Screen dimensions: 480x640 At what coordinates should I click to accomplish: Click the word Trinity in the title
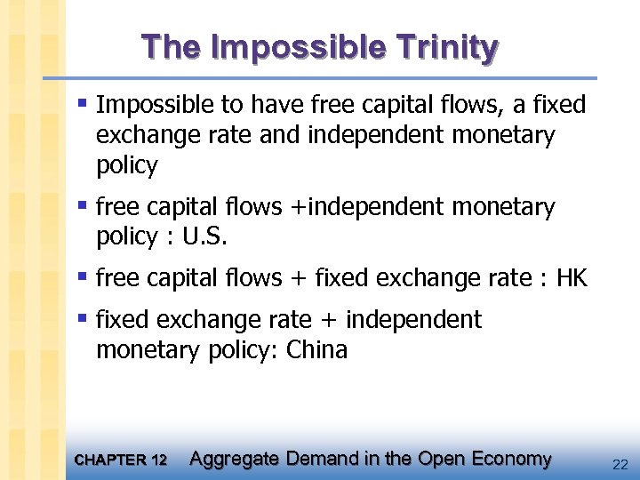point(444,47)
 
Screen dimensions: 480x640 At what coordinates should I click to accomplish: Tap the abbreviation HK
point(572,278)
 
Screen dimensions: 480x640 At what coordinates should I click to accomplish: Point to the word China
point(317,350)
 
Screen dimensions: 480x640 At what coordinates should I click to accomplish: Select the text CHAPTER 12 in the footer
point(121,460)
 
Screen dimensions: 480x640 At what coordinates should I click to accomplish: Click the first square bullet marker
point(83,103)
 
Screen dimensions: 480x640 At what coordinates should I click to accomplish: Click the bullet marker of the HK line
point(83,276)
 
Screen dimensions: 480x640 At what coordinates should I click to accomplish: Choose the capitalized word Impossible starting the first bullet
point(155,105)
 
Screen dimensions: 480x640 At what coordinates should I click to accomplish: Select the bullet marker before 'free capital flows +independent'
point(83,205)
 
